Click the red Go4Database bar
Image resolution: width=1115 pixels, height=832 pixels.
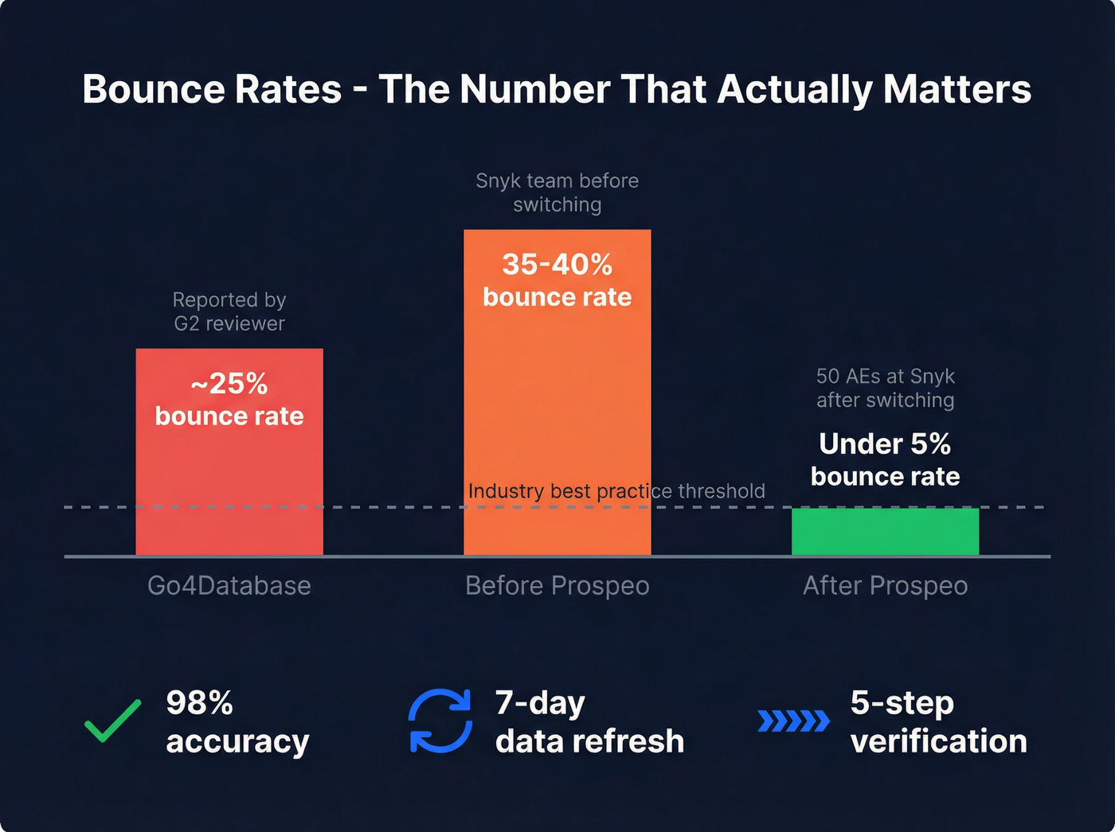click(229, 478)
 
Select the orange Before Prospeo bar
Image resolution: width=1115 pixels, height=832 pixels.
click(557, 398)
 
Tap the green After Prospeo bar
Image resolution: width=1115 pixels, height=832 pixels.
click(885, 532)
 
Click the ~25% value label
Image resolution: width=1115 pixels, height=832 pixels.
click(229, 385)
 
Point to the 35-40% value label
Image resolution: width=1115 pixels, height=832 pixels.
click(557, 264)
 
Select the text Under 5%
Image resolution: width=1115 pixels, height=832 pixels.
click(885, 443)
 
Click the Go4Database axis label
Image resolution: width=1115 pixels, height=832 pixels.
click(229, 586)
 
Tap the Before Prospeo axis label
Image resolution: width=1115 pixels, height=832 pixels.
click(557, 586)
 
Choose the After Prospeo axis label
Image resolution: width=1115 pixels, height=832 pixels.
click(885, 586)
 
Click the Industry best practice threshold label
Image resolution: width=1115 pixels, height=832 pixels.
click(616, 490)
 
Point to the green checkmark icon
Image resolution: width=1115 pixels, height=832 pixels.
click(113, 720)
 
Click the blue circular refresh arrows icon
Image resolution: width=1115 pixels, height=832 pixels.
click(440, 721)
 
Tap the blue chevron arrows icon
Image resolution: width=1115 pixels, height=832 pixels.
click(793, 721)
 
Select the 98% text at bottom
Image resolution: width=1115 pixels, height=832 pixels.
click(199, 703)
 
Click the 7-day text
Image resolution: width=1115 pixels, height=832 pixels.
click(540, 703)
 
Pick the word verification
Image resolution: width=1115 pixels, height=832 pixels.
click(938, 741)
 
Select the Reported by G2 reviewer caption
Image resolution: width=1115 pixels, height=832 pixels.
click(229, 311)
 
